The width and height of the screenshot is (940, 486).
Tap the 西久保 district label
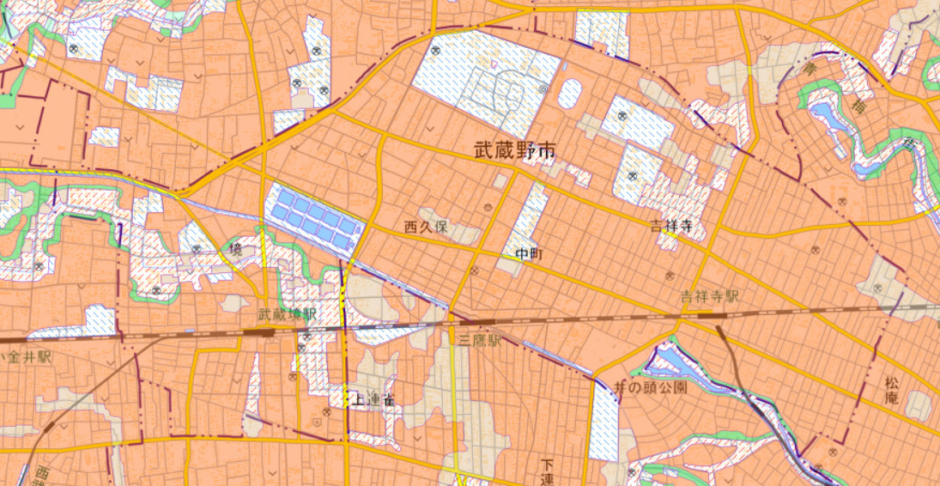pos(427,228)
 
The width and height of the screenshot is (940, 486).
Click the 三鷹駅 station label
pos(479,341)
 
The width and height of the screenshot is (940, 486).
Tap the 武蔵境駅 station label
pos(288,315)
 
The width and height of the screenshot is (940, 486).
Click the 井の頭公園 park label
pos(652,387)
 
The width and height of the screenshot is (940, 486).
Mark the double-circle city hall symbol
pos(543,88)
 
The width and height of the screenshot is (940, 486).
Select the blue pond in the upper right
pos(825,114)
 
